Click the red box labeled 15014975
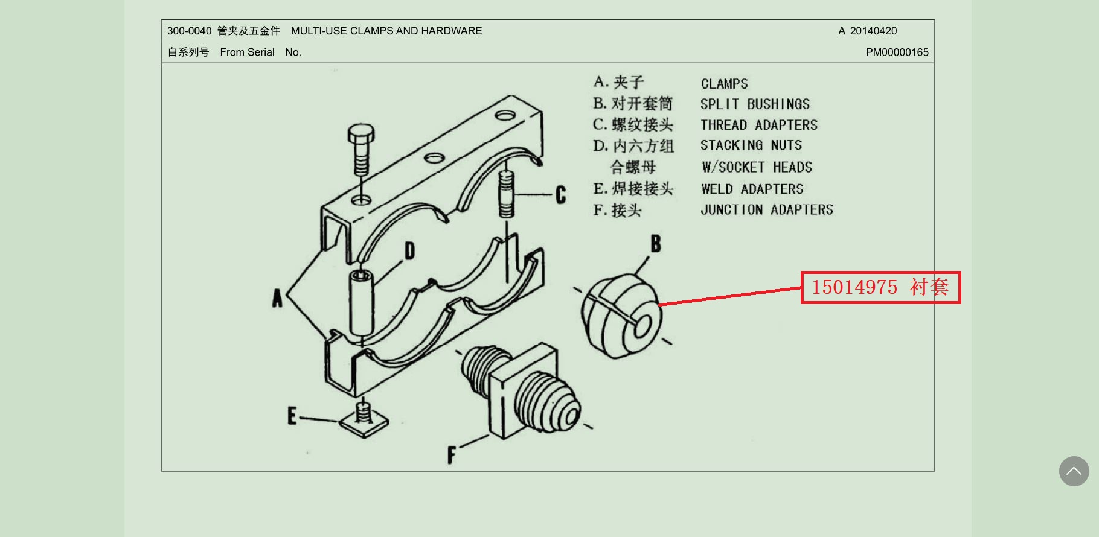click(880, 287)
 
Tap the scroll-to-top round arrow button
click(1074, 471)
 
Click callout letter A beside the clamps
click(277, 298)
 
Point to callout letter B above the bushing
click(656, 244)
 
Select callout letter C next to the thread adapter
click(561, 195)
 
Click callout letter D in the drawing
click(409, 250)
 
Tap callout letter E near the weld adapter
click(292, 416)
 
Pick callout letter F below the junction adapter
click(451, 454)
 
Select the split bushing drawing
click(620, 316)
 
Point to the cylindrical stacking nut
click(362, 302)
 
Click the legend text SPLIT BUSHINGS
click(755, 104)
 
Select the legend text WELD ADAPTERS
click(752, 189)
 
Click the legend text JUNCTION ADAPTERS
click(767, 210)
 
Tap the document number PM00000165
click(897, 52)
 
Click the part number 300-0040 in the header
click(189, 31)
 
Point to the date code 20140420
click(873, 31)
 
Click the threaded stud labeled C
click(506, 194)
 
